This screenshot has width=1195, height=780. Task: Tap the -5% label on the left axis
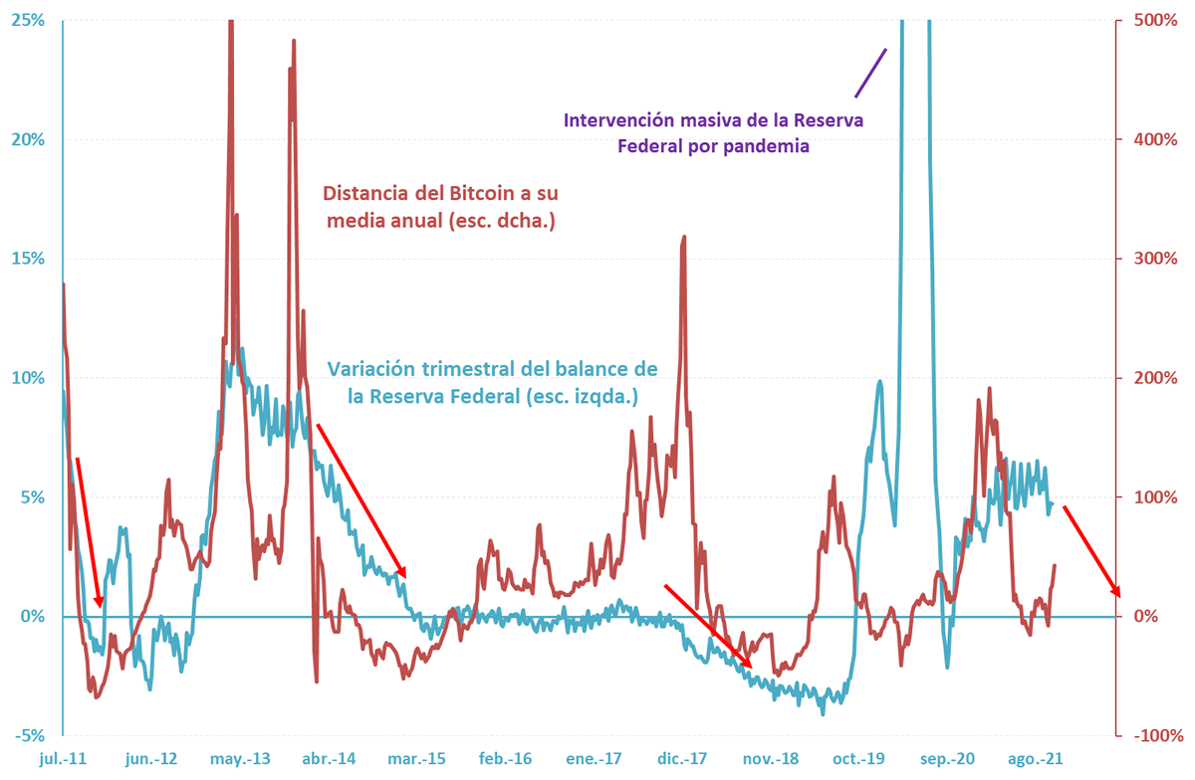(x=30, y=736)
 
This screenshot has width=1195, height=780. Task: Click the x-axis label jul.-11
(x=62, y=759)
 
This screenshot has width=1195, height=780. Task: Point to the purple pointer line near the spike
(x=870, y=72)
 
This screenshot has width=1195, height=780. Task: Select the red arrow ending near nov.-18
(x=708, y=626)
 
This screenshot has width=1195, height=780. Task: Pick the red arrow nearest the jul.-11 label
(x=89, y=532)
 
